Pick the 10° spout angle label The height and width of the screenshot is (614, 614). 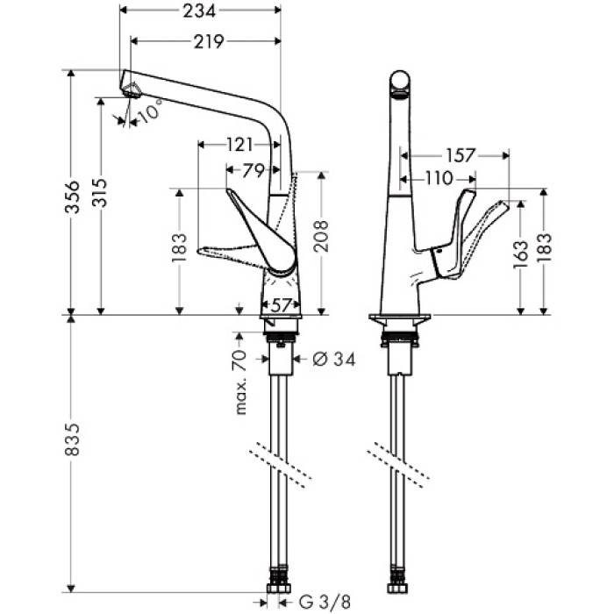[150, 112]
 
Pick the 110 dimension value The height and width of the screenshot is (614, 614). [435, 179]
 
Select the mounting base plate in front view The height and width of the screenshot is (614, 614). [401, 318]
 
